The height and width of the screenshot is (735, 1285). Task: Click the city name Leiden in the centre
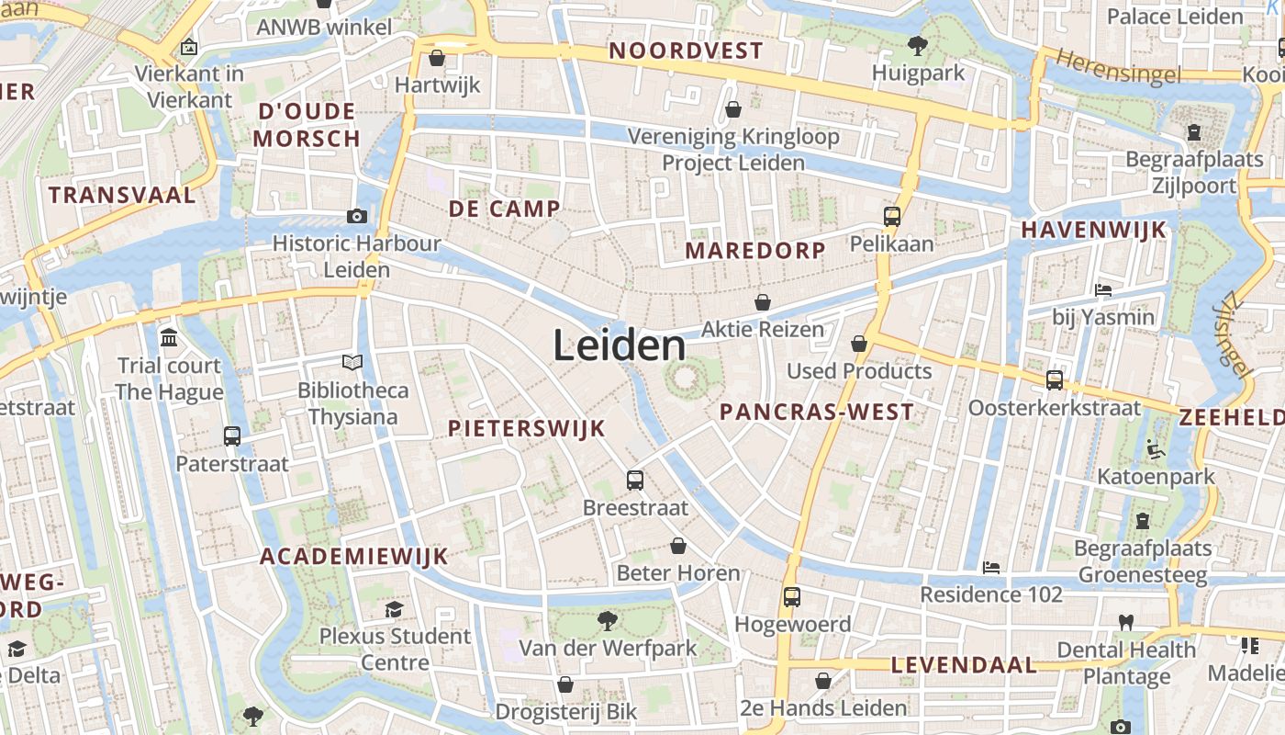tap(620, 346)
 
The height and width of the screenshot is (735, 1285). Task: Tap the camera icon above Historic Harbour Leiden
tap(357, 216)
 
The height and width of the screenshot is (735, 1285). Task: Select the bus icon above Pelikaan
tap(892, 217)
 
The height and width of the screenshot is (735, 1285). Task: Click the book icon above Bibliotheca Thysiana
tap(352, 363)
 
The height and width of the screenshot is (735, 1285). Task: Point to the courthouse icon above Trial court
tap(169, 338)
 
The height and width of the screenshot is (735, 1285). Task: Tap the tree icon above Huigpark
tap(917, 45)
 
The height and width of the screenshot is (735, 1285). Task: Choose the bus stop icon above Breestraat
tap(635, 480)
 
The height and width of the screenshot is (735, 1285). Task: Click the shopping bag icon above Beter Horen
tap(678, 546)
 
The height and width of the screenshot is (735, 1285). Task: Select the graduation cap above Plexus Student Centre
tap(395, 609)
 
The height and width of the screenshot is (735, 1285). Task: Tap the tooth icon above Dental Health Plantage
tap(1126, 622)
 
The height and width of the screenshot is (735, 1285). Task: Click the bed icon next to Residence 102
tap(991, 567)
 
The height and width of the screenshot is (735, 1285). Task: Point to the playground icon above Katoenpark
tap(1156, 449)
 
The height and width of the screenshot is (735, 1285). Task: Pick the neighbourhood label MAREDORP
tap(755, 250)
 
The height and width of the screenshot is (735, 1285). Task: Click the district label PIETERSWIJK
tap(527, 428)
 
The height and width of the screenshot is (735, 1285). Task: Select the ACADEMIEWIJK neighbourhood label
tap(353, 556)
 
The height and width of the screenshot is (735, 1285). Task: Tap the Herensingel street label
tap(1118, 68)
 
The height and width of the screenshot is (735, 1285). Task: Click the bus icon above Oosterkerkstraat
tap(1055, 379)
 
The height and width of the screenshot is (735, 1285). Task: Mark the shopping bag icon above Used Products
tap(859, 344)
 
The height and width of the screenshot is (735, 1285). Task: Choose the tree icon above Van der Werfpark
tap(607, 621)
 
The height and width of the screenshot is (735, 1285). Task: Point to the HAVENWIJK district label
tap(1094, 230)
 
